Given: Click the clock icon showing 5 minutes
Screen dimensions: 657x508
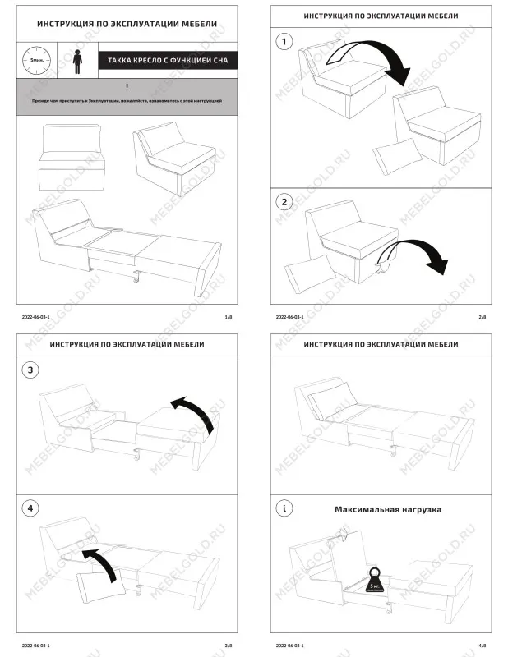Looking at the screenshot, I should [35, 61].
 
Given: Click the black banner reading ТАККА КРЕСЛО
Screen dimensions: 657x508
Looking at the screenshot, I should [167, 61].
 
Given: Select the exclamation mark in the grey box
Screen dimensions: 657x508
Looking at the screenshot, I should [127, 87].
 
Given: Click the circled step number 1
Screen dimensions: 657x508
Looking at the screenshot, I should [284, 41].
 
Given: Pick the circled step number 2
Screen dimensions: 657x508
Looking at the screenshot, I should [284, 201].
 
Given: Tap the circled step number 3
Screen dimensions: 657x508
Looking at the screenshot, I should [31, 370].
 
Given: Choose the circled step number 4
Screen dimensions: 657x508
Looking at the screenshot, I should [31, 508].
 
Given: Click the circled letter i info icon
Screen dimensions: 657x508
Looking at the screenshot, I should [284, 509].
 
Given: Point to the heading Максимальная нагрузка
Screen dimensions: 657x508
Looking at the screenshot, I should [387, 509].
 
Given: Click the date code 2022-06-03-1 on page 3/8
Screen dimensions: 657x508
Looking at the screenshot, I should [35, 646].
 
